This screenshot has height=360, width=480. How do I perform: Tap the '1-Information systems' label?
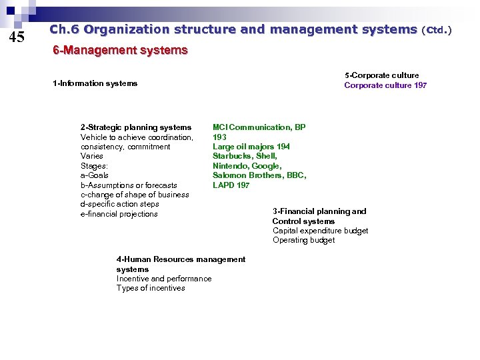coord(95,83)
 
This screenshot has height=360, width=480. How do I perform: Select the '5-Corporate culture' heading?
coord(381,75)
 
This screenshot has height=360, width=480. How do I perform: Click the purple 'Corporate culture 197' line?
coord(385,85)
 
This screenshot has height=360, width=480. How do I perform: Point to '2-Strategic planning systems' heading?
coord(136,127)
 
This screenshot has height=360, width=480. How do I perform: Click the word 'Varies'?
coord(92,156)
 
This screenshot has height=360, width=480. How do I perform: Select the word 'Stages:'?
coord(94,166)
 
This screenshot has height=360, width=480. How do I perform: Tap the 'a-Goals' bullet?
coord(95,175)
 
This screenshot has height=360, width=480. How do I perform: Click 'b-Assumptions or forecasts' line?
coord(129,185)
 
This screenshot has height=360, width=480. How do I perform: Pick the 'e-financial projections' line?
coord(119,214)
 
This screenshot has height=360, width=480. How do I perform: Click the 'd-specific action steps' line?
coord(119,204)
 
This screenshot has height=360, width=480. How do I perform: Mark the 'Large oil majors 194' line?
coord(251,147)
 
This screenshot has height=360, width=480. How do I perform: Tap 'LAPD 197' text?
coord(231,185)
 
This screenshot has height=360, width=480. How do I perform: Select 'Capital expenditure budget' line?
coord(320,231)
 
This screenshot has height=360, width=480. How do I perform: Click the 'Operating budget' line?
coord(303,240)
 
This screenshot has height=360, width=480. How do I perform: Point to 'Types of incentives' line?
coord(151,288)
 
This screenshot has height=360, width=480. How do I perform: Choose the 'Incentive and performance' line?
coord(164,279)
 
